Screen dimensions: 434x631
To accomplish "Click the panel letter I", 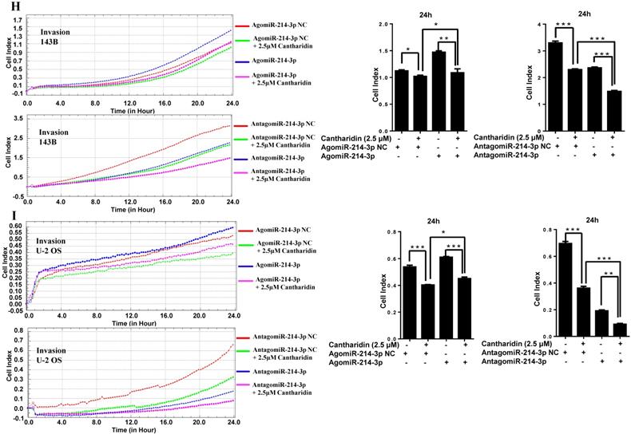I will tap(9, 216).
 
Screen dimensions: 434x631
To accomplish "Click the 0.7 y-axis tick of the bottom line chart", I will tap(18, 342).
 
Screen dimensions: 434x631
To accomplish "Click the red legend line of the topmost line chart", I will tap(241, 26).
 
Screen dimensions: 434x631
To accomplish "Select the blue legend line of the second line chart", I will tap(241, 158).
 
